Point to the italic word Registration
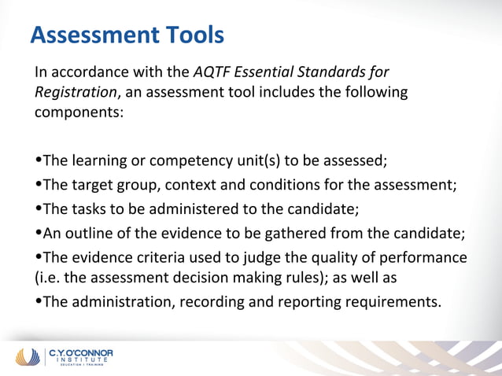(76, 92)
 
